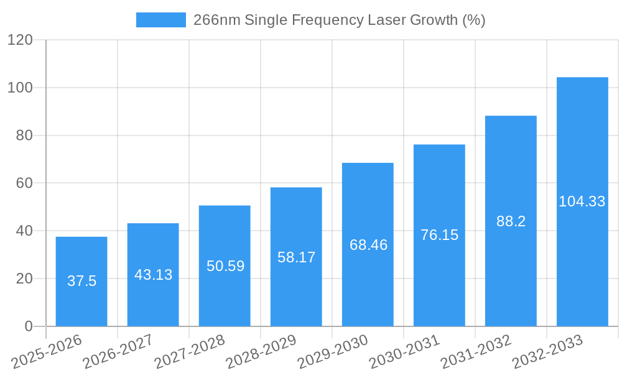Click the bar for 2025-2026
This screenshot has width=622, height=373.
[x=81, y=281]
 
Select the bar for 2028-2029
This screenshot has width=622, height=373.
[x=296, y=257]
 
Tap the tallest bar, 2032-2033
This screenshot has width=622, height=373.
[x=582, y=201]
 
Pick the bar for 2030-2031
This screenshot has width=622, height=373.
[x=439, y=235]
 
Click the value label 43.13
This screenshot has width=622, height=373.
[x=153, y=275]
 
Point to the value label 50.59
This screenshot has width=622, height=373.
[x=225, y=266]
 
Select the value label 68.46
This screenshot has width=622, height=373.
[x=368, y=245]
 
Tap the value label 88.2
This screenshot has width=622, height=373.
[x=511, y=221]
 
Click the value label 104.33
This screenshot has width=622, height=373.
[x=582, y=201]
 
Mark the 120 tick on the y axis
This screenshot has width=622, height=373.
[x=20, y=40]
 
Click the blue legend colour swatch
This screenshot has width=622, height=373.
[x=161, y=20]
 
